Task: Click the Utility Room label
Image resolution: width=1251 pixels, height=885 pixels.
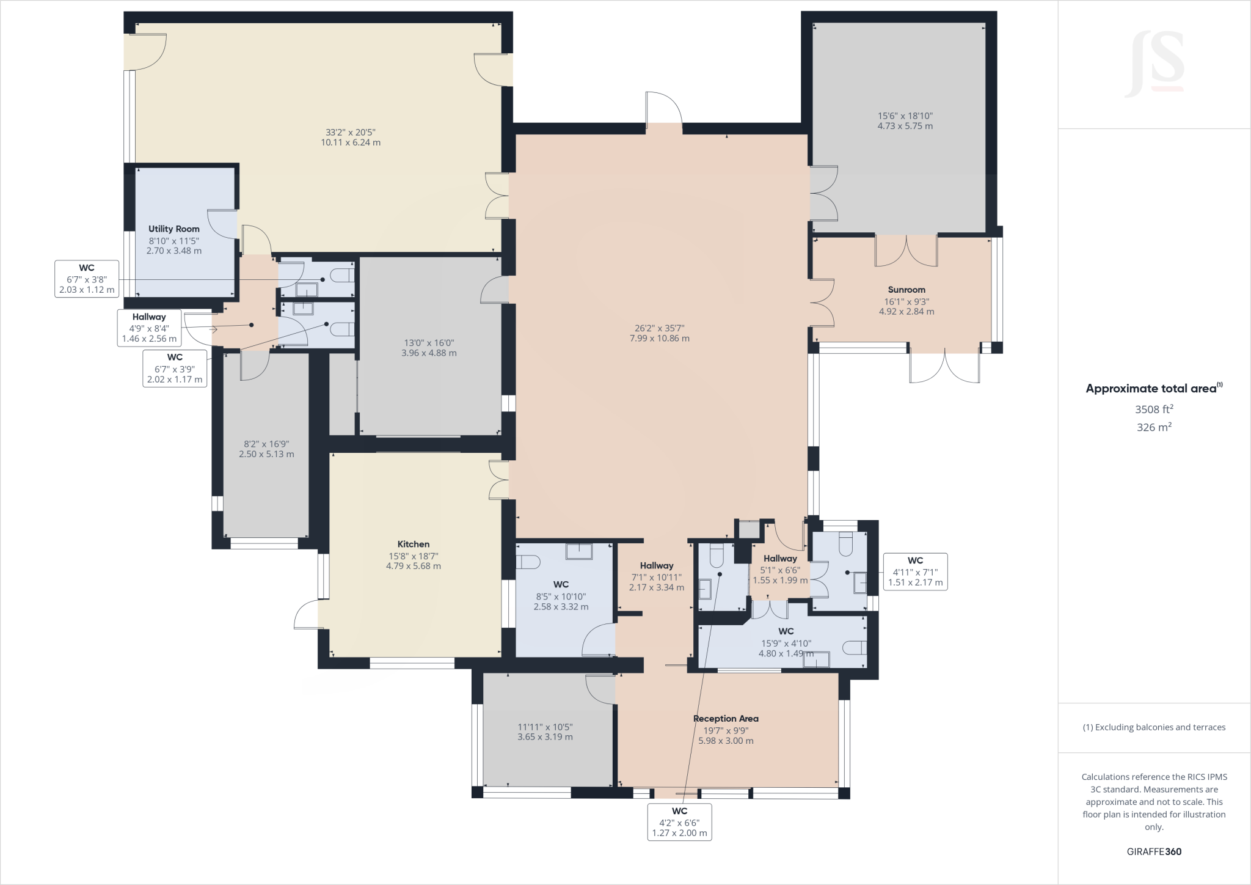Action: point(174,229)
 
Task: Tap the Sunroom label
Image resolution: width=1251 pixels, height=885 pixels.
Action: point(906,290)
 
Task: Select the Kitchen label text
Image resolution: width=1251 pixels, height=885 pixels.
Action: point(414,544)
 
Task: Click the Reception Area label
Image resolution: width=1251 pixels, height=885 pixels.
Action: point(726,719)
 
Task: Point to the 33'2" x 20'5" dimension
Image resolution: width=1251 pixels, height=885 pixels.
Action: point(351,132)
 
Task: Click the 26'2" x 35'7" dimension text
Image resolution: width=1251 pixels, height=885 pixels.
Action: point(660,328)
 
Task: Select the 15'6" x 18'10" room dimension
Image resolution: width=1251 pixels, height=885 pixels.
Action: point(905,116)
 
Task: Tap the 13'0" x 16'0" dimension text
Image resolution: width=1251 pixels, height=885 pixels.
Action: point(429,343)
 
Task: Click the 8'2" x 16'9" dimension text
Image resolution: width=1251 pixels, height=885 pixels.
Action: point(266,444)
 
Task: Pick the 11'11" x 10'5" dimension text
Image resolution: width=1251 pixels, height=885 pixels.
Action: point(545,727)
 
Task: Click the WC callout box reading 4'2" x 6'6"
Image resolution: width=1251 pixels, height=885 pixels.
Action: point(680,821)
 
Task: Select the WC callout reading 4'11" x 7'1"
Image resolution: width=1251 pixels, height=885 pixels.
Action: point(915,571)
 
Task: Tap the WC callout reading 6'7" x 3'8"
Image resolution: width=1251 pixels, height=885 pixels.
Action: point(87,279)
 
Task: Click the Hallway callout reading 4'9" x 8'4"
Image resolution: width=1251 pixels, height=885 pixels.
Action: point(149,328)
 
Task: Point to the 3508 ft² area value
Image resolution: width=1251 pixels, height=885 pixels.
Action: point(1154,409)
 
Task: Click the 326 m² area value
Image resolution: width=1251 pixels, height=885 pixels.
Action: point(1154,427)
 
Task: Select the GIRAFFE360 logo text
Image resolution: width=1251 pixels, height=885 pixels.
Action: point(1154,851)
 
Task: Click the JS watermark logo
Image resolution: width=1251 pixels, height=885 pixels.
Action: point(1155,64)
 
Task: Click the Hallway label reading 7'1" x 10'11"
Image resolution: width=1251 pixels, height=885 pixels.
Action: point(657,566)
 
